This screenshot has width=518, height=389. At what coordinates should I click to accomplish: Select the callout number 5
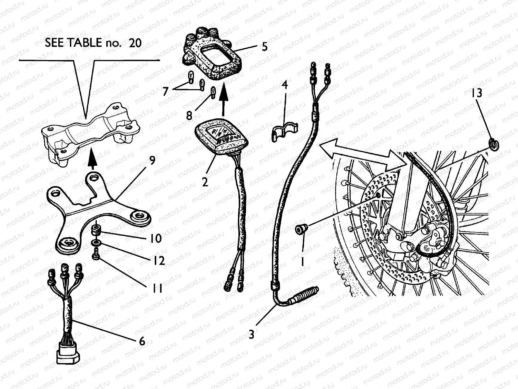265,47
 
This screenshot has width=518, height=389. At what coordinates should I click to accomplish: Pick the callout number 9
152,160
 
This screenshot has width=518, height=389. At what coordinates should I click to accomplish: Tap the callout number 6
142,341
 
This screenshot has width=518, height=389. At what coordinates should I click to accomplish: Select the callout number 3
252,334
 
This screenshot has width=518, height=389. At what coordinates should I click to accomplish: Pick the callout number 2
205,182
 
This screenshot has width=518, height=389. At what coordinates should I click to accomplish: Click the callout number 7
165,92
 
